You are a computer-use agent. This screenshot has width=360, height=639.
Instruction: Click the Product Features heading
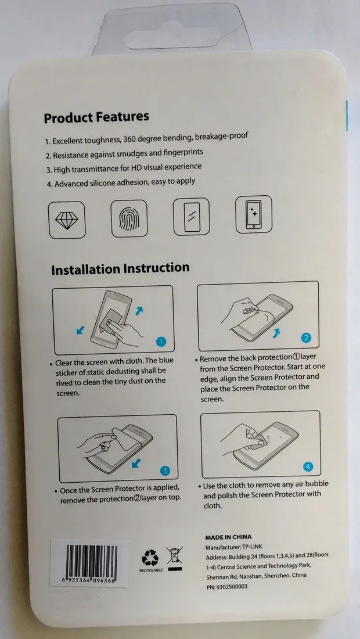(x=96, y=117)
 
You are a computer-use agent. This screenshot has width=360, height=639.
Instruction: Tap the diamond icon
(x=67, y=220)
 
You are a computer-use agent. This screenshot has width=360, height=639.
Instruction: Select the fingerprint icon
(x=129, y=218)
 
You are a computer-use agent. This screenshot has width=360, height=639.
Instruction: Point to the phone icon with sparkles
(x=254, y=214)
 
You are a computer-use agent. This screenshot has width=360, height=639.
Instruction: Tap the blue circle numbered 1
(x=161, y=342)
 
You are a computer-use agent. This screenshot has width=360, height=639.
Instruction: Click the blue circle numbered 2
(x=306, y=338)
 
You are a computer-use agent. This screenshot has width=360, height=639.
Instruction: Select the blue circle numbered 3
(x=165, y=471)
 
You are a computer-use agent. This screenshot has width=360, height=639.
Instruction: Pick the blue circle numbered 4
(x=308, y=466)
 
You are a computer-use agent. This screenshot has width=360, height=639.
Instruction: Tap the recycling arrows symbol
(x=150, y=558)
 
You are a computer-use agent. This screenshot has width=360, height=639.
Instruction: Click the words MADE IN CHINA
(x=228, y=537)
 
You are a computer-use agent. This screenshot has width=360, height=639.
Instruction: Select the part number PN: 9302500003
(x=226, y=587)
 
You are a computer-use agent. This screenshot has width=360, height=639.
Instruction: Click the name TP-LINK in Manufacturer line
(x=252, y=547)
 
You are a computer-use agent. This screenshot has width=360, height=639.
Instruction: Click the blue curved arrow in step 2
(x=277, y=334)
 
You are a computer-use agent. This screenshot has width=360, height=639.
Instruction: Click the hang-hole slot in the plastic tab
(x=172, y=35)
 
